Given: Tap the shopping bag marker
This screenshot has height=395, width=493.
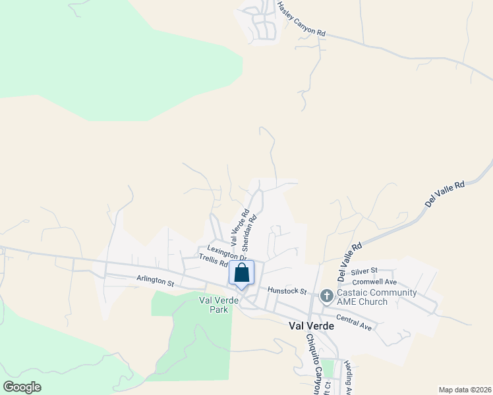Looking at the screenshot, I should pos(242,273).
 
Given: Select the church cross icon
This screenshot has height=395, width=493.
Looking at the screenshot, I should pos(326,296).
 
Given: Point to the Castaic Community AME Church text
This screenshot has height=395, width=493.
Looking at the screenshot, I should pos(376,297).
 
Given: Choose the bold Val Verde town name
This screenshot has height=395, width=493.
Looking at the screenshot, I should pos(311,325).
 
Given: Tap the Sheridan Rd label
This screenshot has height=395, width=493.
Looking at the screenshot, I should pos(248,231).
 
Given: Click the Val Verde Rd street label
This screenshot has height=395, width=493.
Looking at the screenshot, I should pos(238,227).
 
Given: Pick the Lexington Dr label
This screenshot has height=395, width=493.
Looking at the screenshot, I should pos(226,253).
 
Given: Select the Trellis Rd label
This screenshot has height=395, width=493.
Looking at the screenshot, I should pos(214,262).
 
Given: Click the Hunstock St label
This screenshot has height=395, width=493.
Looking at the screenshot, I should pos(287,290).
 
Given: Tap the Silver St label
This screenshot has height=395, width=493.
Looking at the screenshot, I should pos(364,271).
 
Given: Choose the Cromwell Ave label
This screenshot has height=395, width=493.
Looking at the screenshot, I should pos(374,281).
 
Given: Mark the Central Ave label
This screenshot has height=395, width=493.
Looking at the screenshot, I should pos(354,323).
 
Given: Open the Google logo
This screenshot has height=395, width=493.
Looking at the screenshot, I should pos(22,386).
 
